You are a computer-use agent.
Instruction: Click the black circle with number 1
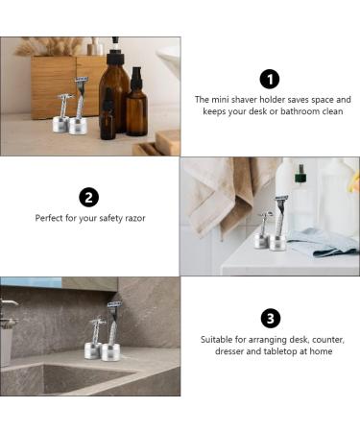[270, 79]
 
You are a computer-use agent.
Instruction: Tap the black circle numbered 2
[89, 198]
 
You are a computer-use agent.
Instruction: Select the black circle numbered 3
[270, 319]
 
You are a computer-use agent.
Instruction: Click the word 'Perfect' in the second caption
[51, 219]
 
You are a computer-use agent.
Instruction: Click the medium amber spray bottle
[137, 105]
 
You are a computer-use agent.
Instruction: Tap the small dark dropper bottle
[108, 117]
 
